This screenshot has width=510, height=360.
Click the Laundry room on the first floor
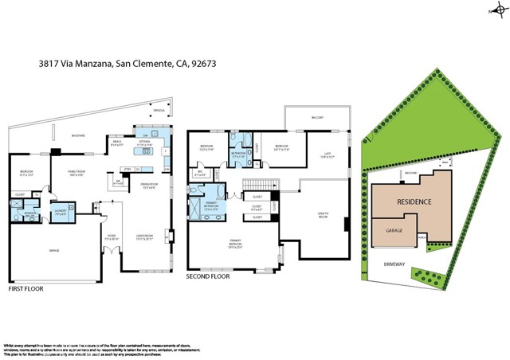[62, 211]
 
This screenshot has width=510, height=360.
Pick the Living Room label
[143, 237]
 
